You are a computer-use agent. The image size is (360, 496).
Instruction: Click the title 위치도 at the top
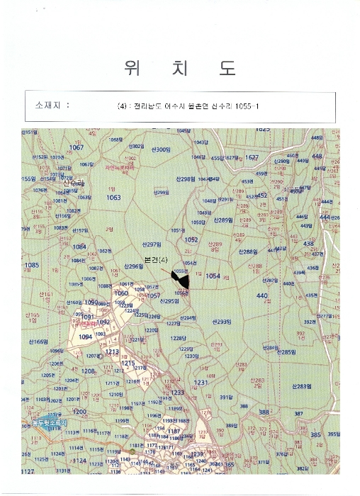tap(180, 68)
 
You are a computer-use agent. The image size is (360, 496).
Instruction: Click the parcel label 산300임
tap(161, 150)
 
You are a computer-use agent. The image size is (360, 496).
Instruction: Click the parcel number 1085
tap(32, 265)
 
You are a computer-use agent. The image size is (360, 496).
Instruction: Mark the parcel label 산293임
tap(222, 321)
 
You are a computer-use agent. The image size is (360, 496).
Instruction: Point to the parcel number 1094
tap(86, 337)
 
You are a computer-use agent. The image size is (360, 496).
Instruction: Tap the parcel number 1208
tap(88, 371)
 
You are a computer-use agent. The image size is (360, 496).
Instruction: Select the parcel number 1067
tap(76, 147)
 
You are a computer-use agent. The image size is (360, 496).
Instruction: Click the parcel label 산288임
tap(247, 252)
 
